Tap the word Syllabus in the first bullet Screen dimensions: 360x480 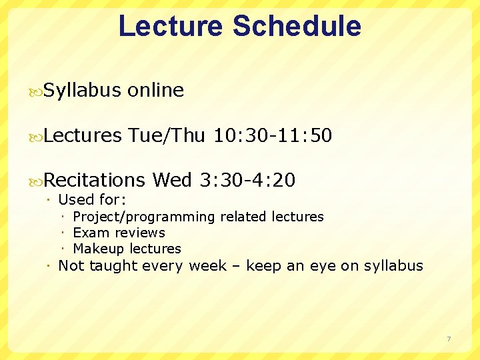pyautogui.click(x=82, y=91)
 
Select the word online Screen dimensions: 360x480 pyautogui.click(x=155, y=91)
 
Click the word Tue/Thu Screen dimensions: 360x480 pyautogui.click(x=167, y=136)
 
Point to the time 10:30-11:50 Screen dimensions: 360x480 pyautogui.click(x=272, y=136)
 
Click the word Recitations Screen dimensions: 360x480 pyautogui.click(x=94, y=180)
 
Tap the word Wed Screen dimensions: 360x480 pyautogui.click(x=172, y=180)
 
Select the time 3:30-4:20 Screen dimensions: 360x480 pyautogui.click(x=247, y=180)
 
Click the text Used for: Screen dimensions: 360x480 pyautogui.click(x=93, y=200)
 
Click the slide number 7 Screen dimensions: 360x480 pyautogui.click(x=449, y=339)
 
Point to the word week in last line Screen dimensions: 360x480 pyautogui.click(x=208, y=266)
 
